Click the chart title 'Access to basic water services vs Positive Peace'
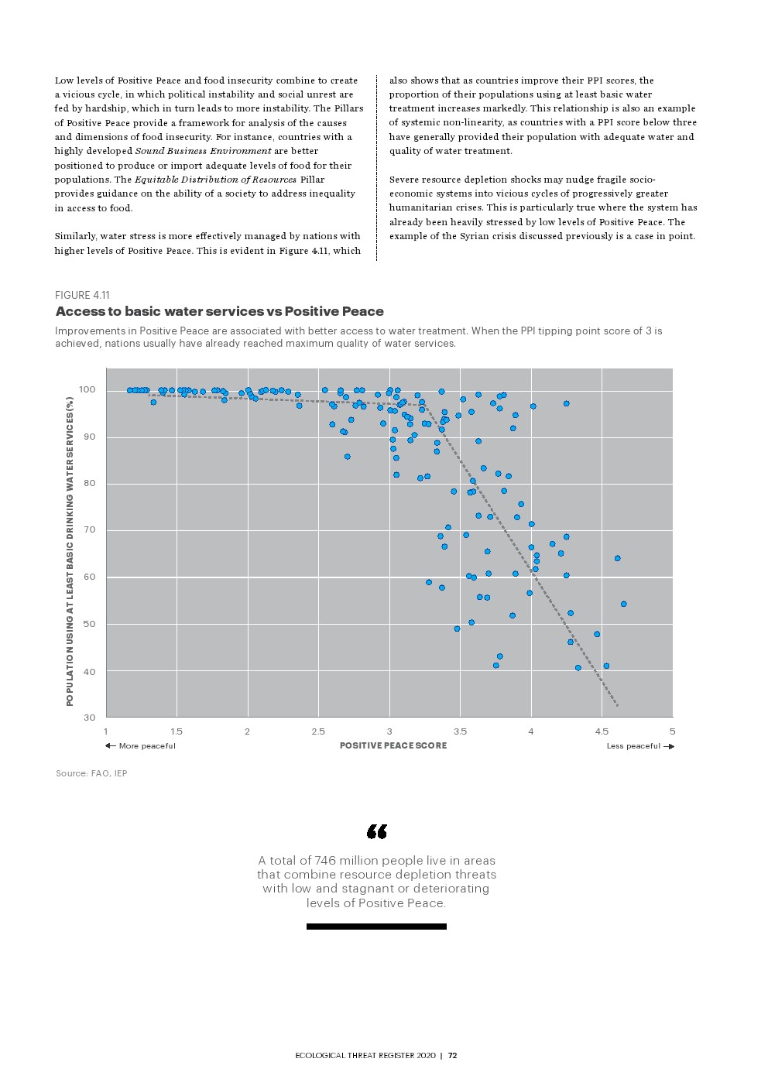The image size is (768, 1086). point(219,311)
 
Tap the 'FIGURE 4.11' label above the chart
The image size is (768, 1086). point(82,295)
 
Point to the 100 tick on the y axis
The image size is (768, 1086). point(87,389)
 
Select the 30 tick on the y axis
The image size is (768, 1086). point(90,718)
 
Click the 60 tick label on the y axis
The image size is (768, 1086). point(90,577)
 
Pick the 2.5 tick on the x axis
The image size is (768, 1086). point(318,731)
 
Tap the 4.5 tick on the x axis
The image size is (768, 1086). point(602,731)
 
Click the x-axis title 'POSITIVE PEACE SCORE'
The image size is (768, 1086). point(393,745)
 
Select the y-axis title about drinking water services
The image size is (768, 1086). point(70,551)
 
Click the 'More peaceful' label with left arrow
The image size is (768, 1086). point(141,746)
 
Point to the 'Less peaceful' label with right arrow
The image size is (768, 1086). point(639,746)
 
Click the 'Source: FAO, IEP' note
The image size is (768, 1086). point(91,773)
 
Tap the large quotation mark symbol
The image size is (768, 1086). point(376,831)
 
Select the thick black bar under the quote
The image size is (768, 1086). point(376,927)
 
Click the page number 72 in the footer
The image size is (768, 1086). point(453,1055)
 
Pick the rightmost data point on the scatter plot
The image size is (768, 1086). point(623,604)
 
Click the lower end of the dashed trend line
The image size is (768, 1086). point(617,705)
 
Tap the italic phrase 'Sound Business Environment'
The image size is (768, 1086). point(203,151)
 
